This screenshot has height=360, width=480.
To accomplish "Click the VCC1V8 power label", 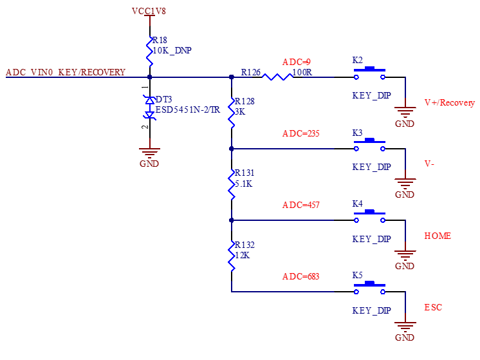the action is [149, 11].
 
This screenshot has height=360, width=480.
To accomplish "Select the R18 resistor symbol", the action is [150, 52].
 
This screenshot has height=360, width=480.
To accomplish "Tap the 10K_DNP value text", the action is [172, 50].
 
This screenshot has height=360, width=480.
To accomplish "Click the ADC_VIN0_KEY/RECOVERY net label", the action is [66, 72].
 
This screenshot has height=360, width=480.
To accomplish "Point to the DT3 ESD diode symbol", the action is [150, 108].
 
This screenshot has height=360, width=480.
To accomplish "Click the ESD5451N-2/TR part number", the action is [188, 109].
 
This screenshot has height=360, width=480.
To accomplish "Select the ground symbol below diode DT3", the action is [149, 153].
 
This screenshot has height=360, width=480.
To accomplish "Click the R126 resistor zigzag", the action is [277, 77].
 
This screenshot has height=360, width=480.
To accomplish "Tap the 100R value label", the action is [302, 72].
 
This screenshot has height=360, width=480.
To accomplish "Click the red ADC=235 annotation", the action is [300, 133].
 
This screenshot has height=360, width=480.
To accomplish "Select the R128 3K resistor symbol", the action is [232, 113].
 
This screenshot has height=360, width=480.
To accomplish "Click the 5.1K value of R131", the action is [244, 184].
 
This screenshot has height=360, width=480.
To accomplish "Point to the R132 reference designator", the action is [245, 245].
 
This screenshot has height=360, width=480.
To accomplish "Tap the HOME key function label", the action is [438, 236].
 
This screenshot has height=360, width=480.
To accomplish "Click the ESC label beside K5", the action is [433, 307].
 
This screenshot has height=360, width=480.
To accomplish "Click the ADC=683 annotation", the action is [300, 277].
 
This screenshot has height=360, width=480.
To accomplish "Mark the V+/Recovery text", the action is [449, 102].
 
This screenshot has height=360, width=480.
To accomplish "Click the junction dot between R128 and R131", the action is [232, 149].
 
